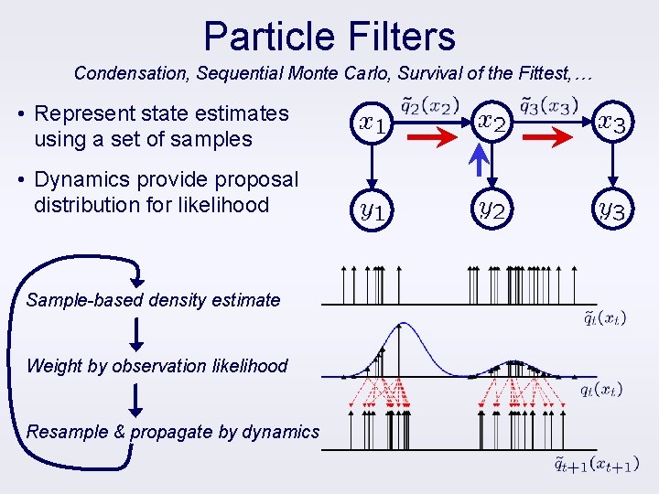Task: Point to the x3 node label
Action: pos(611,122)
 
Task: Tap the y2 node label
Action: pos(492,210)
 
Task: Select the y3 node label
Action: pos(611,211)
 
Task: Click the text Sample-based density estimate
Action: pos(154,300)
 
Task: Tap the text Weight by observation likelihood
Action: pos(157,366)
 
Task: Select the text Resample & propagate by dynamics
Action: pos(173,432)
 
